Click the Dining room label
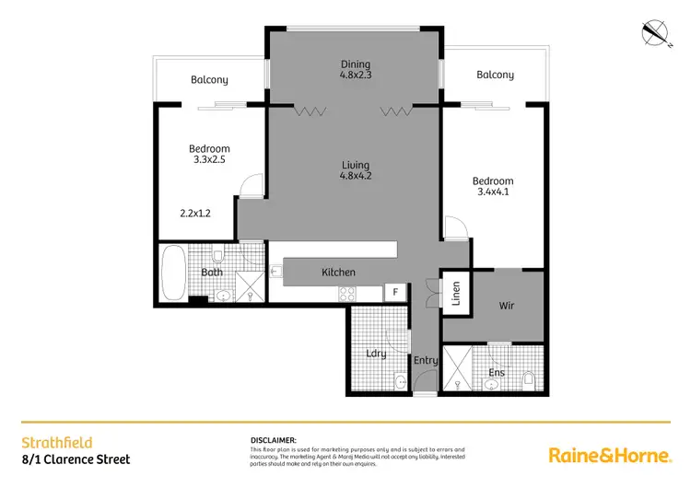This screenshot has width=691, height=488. [355, 64]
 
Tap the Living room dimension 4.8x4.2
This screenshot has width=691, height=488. [355, 176]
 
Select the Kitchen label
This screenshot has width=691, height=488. [338, 273]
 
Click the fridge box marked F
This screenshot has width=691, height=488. [395, 293]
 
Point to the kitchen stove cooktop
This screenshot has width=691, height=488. [348, 294]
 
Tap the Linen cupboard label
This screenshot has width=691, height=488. [454, 294]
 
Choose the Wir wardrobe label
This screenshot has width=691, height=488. [506, 306]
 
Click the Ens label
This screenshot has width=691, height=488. [496, 372]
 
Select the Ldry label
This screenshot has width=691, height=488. [375, 353]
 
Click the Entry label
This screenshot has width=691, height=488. [426, 360]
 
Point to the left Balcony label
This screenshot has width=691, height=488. [209, 80]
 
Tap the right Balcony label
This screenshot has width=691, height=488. [495, 75]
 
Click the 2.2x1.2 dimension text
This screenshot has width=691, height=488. [195, 213]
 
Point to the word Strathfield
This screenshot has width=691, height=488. [56, 442]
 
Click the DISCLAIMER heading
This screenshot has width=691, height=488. [273, 441]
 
